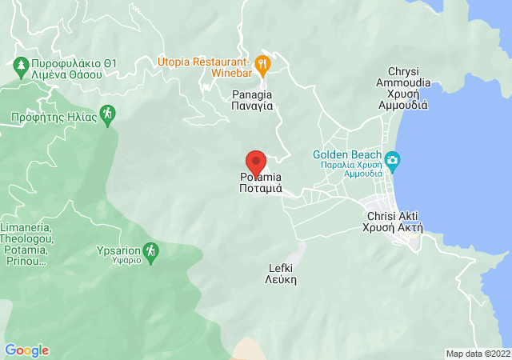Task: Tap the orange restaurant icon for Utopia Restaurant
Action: [x=262, y=62]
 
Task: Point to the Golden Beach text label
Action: [x=347, y=154]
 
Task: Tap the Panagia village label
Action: [x=253, y=99]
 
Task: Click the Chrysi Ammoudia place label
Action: [x=408, y=82]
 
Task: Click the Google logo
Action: [x=26, y=350]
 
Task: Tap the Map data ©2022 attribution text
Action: [x=478, y=354]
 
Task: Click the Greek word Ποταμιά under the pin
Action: [x=261, y=189]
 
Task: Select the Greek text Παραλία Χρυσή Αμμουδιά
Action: [x=347, y=169]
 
